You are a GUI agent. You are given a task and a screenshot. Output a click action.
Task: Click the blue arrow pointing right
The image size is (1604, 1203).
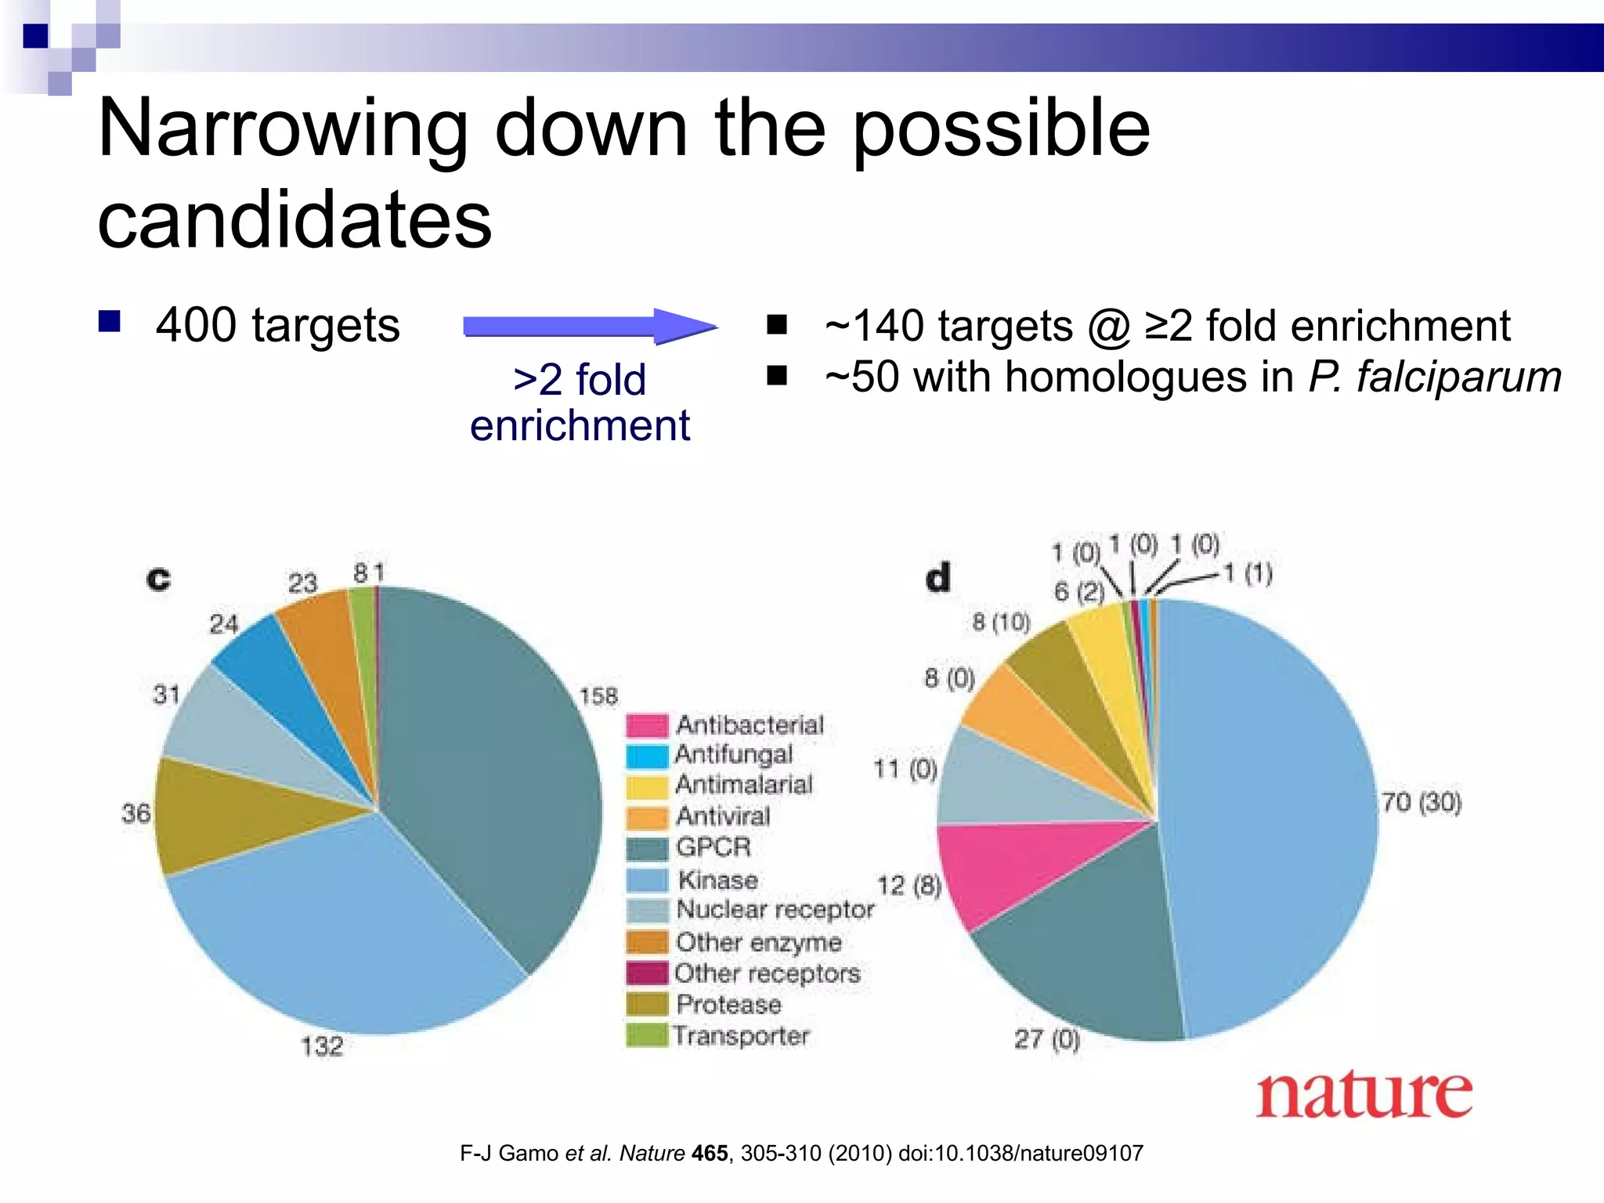(x=589, y=326)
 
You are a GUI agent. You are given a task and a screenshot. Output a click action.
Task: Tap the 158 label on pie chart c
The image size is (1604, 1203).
(x=598, y=695)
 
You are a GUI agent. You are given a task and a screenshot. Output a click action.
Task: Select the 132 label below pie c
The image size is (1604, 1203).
(x=322, y=1046)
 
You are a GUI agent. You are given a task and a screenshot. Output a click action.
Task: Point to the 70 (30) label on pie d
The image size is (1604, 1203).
(x=1421, y=802)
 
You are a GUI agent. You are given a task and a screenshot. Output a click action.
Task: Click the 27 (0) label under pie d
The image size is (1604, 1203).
(x=1046, y=1039)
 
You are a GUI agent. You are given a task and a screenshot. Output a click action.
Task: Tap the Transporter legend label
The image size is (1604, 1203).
(x=741, y=1035)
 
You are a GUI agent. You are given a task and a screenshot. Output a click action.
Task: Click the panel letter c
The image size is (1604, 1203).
(x=158, y=579)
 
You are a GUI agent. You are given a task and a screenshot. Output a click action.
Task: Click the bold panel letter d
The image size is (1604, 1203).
(x=937, y=577)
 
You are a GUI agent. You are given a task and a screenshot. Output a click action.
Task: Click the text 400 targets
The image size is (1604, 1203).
(x=277, y=325)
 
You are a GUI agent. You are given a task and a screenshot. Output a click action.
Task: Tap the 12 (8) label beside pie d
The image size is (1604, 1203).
(x=909, y=886)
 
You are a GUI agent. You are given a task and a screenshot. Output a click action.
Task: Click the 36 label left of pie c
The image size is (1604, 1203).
(x=135, y=813)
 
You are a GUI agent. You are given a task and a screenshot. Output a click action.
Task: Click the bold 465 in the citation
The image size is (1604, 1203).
(x=710, y=1153)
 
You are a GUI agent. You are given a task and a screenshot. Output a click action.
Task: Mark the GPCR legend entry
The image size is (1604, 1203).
(x=713, y=847)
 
